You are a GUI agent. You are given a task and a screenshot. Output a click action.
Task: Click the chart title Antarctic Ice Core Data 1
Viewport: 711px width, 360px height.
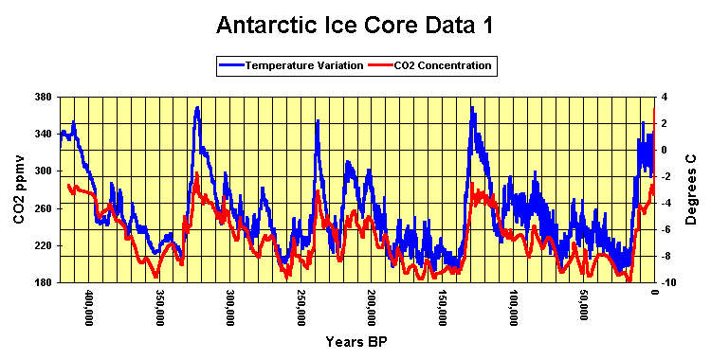pyautogui.click(x=355, y=25)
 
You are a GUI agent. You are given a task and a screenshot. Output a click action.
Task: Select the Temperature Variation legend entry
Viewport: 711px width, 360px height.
pyautogui.click(x=291, y=65)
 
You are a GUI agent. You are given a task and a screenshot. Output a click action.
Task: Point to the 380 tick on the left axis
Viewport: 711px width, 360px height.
pyautogui.click(x=42, y=97)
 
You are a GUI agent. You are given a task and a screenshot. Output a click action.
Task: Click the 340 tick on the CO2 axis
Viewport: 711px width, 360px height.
pyautogui.click(x=42, y=134)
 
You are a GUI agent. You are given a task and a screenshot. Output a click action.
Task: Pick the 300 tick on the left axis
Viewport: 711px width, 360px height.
pyautogui.click(x=42, y=171)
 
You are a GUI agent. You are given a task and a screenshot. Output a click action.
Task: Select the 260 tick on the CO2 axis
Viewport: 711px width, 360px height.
pyautogui.click(x=42, y=207)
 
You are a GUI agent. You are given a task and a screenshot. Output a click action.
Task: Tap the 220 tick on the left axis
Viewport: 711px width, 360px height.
pyautogui.click(x=42, y=244)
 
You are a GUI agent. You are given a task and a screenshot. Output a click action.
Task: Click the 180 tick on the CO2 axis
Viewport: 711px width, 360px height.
pyautogui.click(x=42, y=281)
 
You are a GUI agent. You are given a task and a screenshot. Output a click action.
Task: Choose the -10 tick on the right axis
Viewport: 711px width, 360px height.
pyautogui.click(x=669, y=281)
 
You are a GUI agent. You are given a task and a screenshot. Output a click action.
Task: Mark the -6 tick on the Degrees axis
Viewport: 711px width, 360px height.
pyautogui.click(x=667, y=228)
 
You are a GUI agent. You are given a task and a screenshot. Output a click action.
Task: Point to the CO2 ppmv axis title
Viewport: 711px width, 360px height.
pyautogui.click(x=19, y=189)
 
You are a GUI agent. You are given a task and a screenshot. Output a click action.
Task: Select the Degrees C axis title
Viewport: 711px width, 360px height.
pyautogui.click(x=692, y=189)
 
